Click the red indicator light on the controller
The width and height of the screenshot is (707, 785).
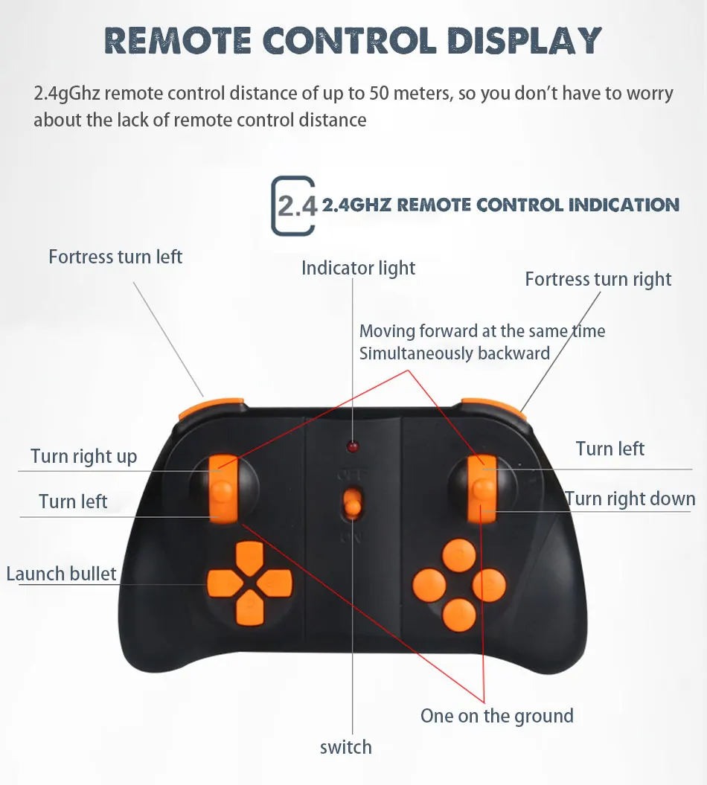pyautogui.click(x=352, y=446)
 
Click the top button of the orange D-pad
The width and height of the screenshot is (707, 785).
pyautogui.click(x=249, y=556)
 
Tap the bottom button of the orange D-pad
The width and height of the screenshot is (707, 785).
pyautogui.click(x=249, y=610)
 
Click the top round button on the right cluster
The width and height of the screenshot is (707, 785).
pyautogui.click(x=459, y=554)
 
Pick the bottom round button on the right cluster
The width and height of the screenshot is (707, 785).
pyautogui.click(x=459, y=615)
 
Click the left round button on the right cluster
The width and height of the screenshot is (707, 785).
pyautogui.click(x=429, y=585)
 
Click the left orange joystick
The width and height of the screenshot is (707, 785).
pyautogui.click(x=223, y=488)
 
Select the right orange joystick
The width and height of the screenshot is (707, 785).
pyautogui.click(x=482, y=488)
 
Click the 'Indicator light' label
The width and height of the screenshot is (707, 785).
pyautogui.click(x=358, y=268)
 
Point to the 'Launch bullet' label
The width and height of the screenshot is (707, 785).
pyautogui.click(x=62, y=573)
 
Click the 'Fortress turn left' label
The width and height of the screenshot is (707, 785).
pyautogui.click(x=115, y=257)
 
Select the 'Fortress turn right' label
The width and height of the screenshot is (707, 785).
pyautogui.click(x=598, y=279)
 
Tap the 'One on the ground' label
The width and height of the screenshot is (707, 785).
pyautogui.click(x=496, y=716)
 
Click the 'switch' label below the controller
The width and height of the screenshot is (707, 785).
pyautogui.click(x=345, y=747)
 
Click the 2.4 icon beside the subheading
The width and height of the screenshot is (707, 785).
pyautogui.click(x=294, y=205)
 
